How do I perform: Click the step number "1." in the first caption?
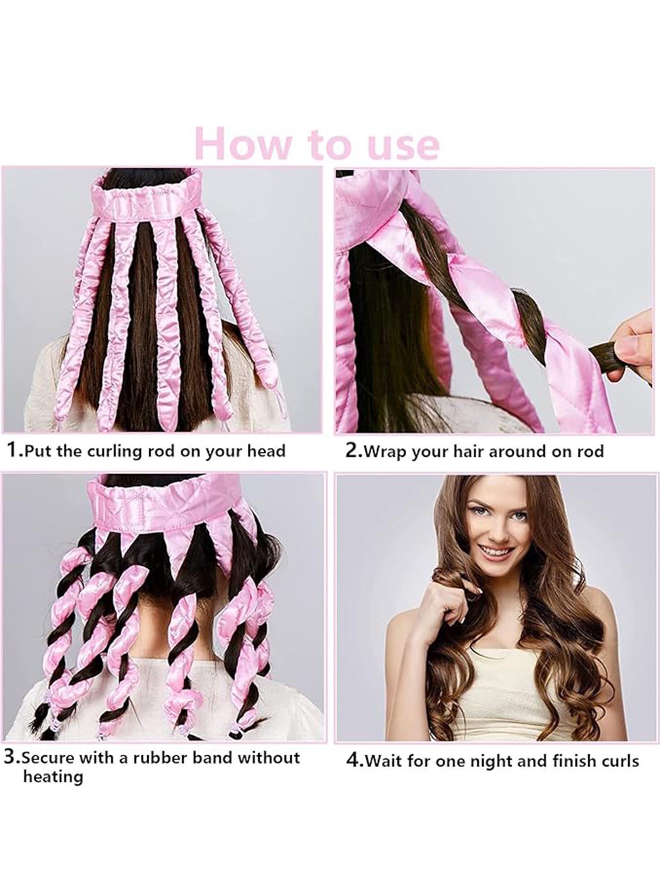tap(14, 450)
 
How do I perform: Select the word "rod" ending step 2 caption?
tap(592, 450)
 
